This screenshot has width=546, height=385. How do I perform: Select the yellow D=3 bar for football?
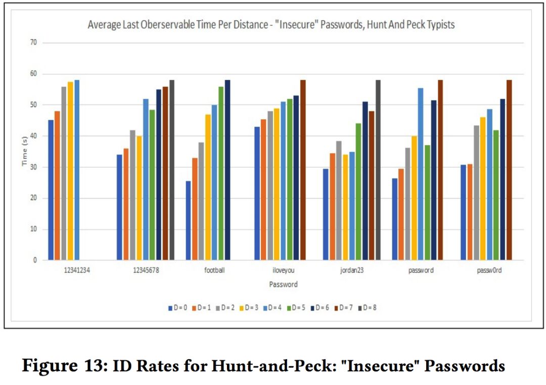[x=208, y=187]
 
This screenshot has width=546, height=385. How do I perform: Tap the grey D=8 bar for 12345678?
[x=171, y=170]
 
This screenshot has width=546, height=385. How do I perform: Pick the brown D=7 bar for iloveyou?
[x=302, y=170]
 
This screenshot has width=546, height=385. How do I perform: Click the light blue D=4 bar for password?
[x=420, y=174]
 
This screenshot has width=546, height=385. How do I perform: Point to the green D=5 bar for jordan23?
[x=358, y=192]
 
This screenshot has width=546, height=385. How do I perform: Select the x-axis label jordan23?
[x=352, y=271]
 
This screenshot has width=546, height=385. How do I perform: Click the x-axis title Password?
[x=283, y=284]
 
